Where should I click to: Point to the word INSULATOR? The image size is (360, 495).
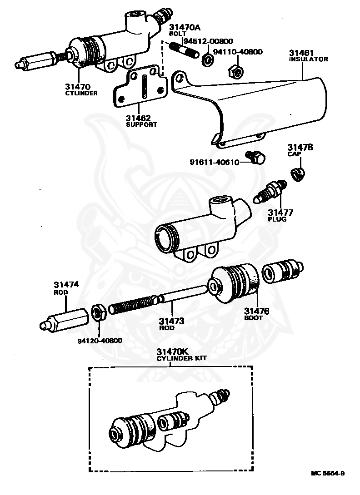coord(308,59)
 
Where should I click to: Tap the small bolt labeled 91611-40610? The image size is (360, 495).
coord(256,158)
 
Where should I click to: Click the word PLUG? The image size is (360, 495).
coord(277,219)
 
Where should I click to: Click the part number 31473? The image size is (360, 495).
coord(172,321)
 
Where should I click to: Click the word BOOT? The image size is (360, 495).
coord(254,318)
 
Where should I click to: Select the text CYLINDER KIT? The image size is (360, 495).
coord(181,358)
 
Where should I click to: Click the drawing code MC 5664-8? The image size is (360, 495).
coord(328,473)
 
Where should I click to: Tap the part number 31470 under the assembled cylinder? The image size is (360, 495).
coord(78,86)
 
